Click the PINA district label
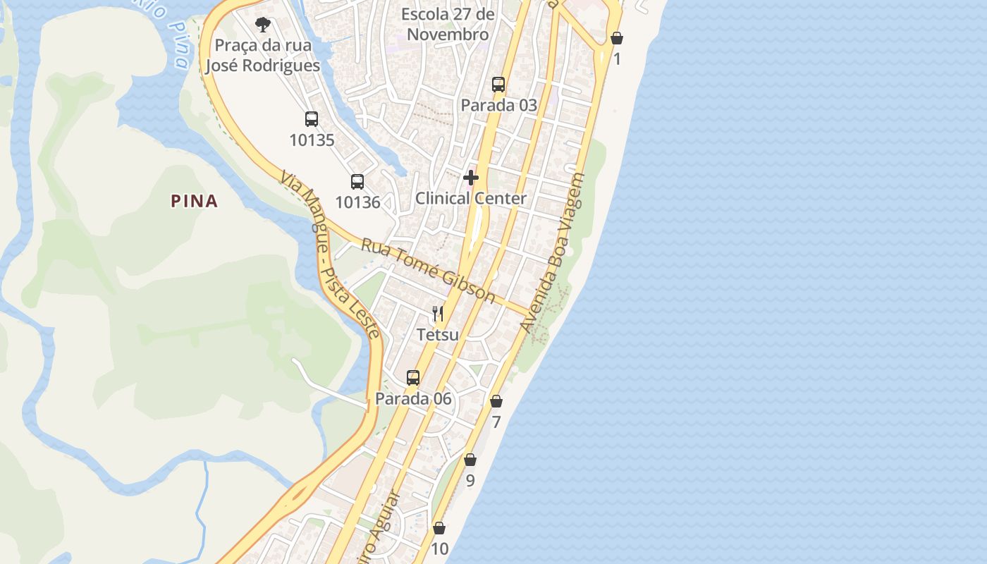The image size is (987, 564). click(194, 201)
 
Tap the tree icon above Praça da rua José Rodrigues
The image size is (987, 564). click(263, 25)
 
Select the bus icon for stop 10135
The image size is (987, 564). click(312, 119)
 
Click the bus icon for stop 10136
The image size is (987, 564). click(357, 182)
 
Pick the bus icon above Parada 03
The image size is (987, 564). click(498, 85)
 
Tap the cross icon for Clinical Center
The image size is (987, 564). click(471, 178)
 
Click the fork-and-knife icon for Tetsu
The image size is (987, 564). click(438, 314)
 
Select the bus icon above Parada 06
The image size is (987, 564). click(413, 378)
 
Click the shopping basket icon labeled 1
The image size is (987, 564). click(617, 38)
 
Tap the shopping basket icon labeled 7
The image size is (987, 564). click(496, 401)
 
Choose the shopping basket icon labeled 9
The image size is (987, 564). click(470, 460)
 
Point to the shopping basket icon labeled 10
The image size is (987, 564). click(439, 528)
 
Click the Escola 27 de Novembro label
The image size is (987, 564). click(448, 24)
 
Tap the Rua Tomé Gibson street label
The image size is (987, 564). click(428, 271)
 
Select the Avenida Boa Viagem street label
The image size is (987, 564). click(553, 253)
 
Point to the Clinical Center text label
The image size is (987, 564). click(470, 198)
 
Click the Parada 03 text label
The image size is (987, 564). click(498, 105)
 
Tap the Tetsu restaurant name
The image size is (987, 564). click(438, 334)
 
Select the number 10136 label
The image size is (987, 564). click(357, 202)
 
